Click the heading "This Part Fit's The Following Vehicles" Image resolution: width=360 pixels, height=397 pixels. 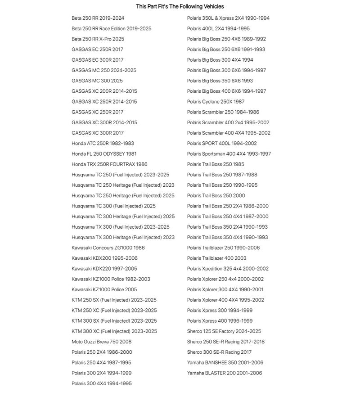tap(180, 6)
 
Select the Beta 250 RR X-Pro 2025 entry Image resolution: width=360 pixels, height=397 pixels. tap(98, 39)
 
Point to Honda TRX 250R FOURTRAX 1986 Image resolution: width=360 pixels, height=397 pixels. tap(109, 164)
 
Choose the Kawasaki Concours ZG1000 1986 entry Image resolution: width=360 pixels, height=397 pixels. tap(108, 248)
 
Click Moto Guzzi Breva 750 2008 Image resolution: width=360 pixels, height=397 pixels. tap(101, 342)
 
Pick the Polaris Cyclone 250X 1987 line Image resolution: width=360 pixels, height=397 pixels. tap(216, 102)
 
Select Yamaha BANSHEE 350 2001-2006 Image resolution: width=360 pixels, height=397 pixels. tap(225, 363)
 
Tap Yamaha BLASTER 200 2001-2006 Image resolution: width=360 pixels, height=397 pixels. tap(224, 373)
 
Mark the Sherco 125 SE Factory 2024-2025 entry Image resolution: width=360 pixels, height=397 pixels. tap(224, 331)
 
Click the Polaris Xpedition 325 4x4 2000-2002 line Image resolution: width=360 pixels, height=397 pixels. tap(228, 269)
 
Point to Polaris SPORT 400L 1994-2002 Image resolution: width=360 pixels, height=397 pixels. tap(222, 144)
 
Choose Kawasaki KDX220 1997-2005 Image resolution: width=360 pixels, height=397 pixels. tap(104, 269)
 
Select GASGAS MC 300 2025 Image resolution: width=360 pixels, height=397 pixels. tap(97, 81)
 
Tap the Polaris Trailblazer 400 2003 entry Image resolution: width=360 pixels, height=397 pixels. tap(216, 258)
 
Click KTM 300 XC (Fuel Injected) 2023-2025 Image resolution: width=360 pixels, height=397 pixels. tap(114, 331)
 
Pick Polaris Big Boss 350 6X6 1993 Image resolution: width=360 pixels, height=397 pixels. tap(220, 81)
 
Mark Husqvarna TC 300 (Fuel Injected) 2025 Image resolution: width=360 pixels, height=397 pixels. tap(113, 206)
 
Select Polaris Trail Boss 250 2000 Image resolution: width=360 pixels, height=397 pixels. tap(216, 196)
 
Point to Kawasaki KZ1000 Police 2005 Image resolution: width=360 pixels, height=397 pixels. tap(104, 289)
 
